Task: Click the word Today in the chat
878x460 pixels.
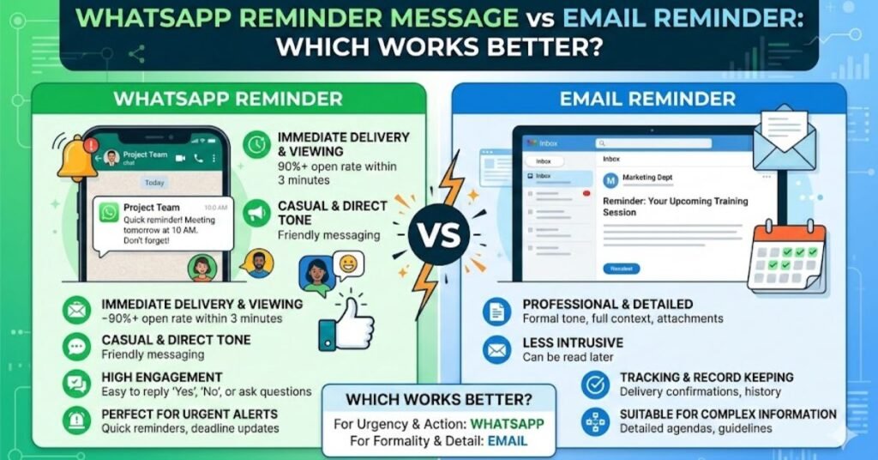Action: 154,183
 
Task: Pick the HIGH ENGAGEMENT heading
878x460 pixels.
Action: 162,378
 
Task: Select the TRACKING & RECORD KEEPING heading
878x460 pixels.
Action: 707,378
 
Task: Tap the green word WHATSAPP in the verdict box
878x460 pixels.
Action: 507,425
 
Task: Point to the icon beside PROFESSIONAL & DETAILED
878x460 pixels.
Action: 496,311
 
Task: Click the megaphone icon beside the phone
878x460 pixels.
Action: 257,213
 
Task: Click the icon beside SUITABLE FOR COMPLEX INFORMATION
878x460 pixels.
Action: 595,421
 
